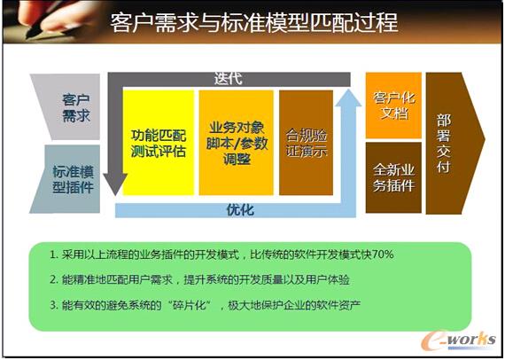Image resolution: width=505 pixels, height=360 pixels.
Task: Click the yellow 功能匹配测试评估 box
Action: point(158,142)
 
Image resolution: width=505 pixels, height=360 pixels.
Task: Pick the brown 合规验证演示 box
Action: point(306,143)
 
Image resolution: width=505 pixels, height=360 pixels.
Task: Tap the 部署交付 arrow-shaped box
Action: point(453,142)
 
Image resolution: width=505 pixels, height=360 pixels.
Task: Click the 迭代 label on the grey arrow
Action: point(228,78)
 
